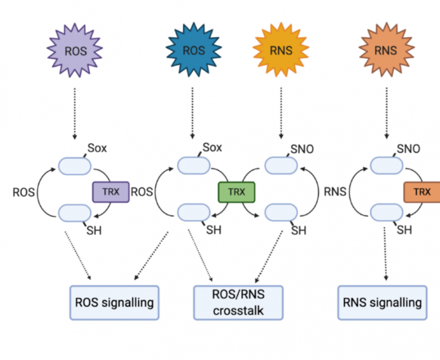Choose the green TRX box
coord(236,192)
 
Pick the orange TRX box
coord(423,192)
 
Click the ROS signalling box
coord(114,302)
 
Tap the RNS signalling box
coord(382,302)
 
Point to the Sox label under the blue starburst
coord(213,148)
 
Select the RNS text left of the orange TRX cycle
coord(335,192)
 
